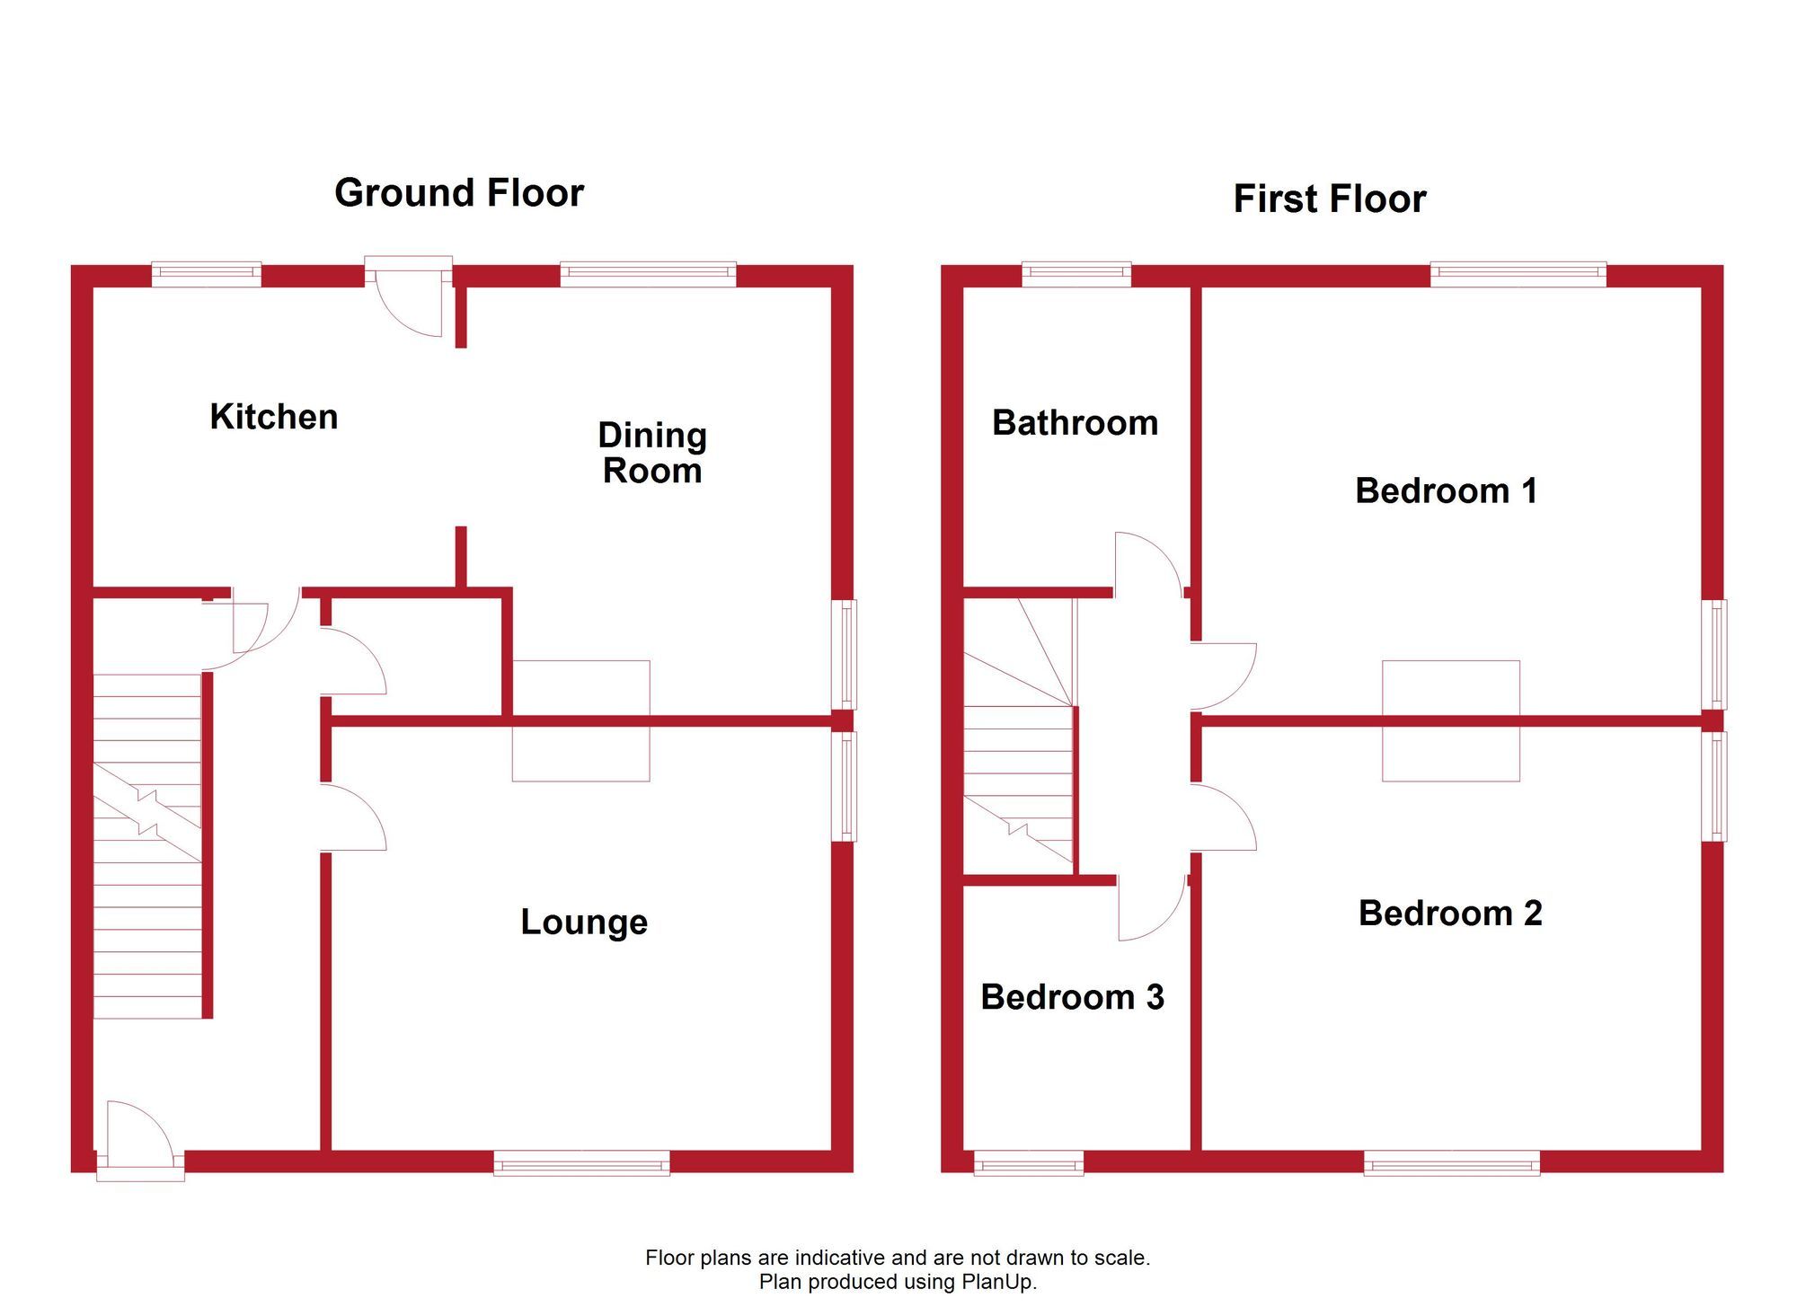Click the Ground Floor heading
pos(459,193)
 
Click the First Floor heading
pos(1329,199)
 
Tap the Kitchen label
pos(274,417)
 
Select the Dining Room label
pos(652,453)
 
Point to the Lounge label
pos(584,922)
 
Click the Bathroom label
pos(1075,423)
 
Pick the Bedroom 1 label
pos(1446,490)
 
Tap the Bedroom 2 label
pos(1450,913)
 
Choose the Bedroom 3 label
pos(1072,997)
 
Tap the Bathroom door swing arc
pos(1147,561)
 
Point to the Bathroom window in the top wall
pos(1076,273)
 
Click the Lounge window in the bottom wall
pos(581,1163)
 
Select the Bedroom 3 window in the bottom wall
pos(1029,1163)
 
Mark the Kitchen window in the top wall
pos(206,273)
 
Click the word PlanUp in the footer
pos(998,1282)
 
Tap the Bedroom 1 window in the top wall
pos(1518,273)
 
